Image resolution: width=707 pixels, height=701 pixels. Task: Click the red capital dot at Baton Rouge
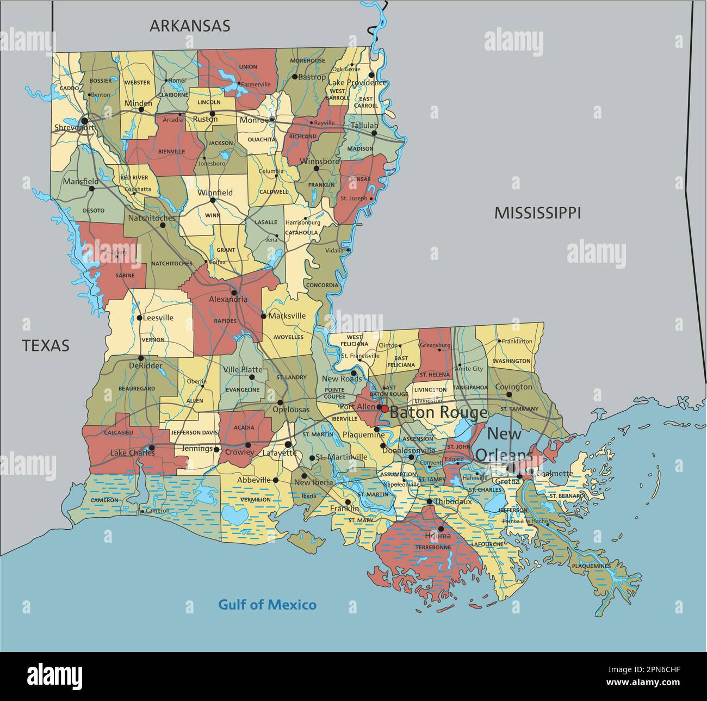tap(384, 408)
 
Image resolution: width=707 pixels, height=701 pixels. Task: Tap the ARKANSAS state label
tap(190, 26)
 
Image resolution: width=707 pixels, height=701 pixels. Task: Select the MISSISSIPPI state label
tap(537, 213)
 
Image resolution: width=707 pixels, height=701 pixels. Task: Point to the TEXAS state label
tap(46, 345)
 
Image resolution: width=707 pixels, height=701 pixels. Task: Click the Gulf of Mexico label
tap(267, 605)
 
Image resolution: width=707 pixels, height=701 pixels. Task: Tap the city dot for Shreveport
tap(84, 120)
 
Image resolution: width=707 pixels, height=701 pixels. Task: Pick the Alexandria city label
tap(228, 300)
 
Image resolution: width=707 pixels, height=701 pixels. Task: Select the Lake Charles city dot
tap(152, 448)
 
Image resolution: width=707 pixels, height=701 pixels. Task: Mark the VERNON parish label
tap(153, 340)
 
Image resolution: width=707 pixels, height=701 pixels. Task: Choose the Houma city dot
tap(441, 528)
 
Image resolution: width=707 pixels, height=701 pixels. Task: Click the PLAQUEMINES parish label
tap(591, 566)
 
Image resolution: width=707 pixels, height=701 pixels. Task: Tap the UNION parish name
tap(248, 67)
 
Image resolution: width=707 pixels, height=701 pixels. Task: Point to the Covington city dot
tap(509, 395)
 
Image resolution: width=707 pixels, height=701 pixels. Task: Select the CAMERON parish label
tap(104, 500)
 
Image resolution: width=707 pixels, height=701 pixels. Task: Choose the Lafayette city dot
tap(288, 444)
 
